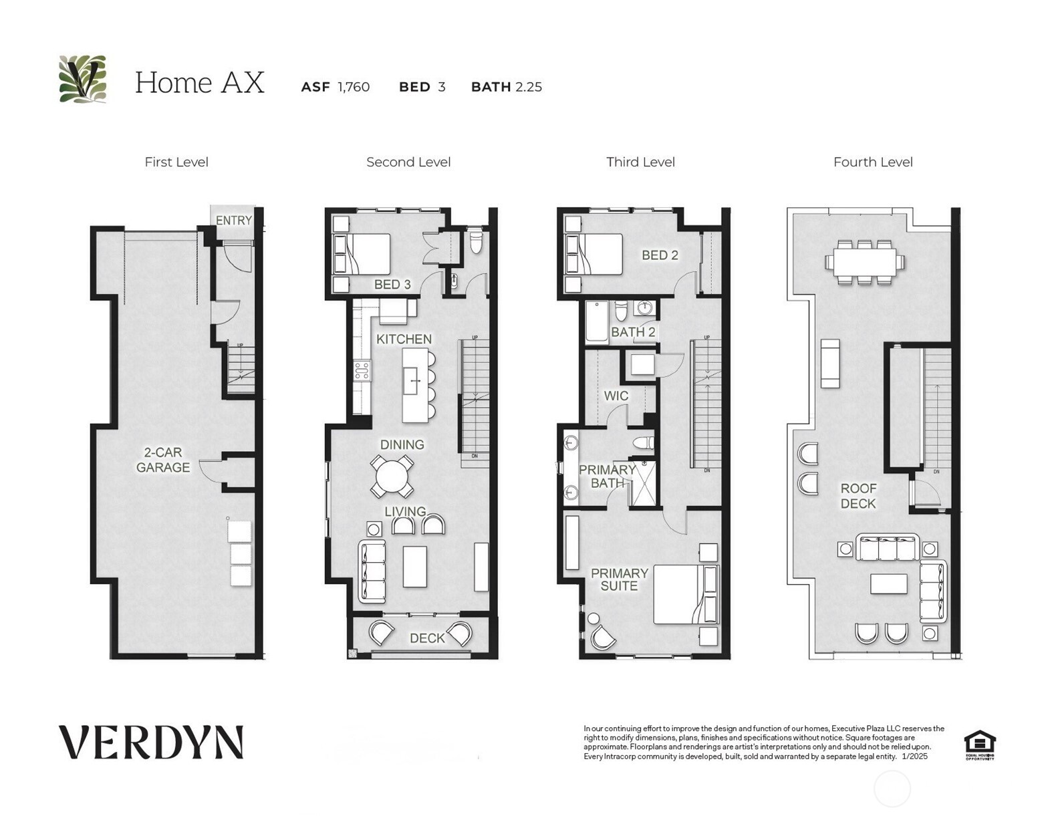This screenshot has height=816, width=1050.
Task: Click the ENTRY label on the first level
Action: pyautogui.click(x=233, y=220)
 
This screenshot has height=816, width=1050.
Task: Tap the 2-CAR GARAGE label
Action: pyautogui.click(x=163, y=460)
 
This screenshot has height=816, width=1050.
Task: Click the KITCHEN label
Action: pyautogui.click(x=404, y=339)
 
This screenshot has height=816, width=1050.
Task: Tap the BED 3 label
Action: pyautogui.click(x=392, y=284)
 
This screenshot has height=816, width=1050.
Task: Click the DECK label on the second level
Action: pyautogui.click(x=427, y=638)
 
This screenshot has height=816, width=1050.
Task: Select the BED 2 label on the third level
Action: pyautogui.click(x=660, y=255)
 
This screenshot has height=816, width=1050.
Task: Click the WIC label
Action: pyautogui.click(x=616, y=396)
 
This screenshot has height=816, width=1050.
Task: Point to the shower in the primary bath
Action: pyautogui.click(x=645, y=483)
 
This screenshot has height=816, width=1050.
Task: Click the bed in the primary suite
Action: pyautogui.click(x=685, y=594)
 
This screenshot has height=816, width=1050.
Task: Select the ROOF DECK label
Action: pyautogui.click(x=858, y=496)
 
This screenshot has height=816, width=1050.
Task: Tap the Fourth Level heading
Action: pyautogui.click(x=872, y=162)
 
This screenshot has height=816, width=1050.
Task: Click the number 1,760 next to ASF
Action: pyautogui.click(x=354, y=87)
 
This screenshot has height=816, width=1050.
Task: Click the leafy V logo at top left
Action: pyautogui.click(x=83, y=79)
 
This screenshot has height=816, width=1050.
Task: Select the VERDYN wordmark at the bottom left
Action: pyautogui.click(x=151, y=742)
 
